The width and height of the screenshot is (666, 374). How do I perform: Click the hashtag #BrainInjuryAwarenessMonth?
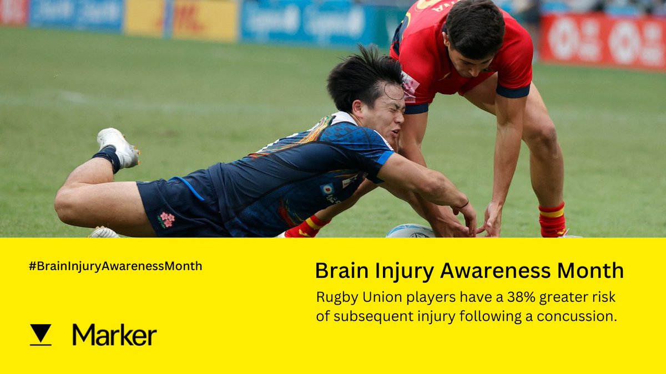pos(115,266)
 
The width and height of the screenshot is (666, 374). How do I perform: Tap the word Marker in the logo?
pos(114,335)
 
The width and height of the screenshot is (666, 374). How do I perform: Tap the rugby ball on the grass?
pos(411,231)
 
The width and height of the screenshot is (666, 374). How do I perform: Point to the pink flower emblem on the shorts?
pos(166,220)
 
